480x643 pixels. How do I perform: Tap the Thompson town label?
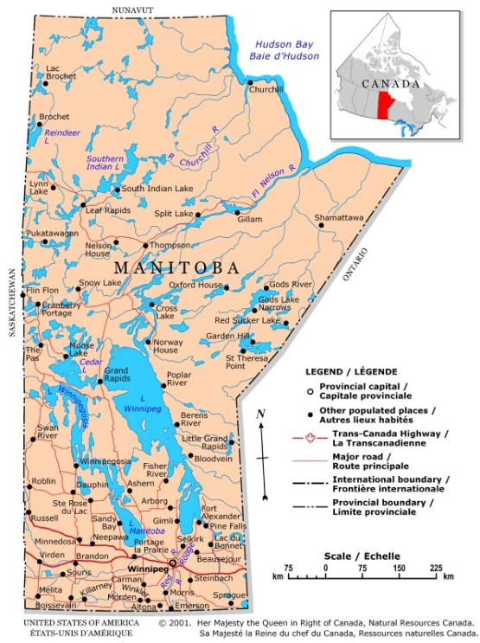[x=170, y=245]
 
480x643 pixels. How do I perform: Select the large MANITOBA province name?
[x=177, y=267]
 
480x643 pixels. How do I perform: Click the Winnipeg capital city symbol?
[x=171, y=563]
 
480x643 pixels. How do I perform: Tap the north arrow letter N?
[x=260, y=413]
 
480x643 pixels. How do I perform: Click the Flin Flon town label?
[x=42, y=291]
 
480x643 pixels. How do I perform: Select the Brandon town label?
[x=93, y=556]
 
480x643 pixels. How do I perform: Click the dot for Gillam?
[x=238, y=209]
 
